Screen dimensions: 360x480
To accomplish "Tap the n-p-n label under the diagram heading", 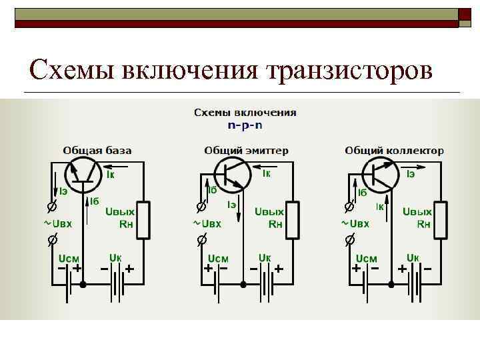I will [x=245, y=125].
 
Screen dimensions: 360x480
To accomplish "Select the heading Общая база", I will [x=97, y=151].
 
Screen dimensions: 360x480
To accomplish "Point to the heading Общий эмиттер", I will [x=246, y=151].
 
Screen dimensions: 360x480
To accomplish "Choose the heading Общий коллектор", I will [x=394, y=151].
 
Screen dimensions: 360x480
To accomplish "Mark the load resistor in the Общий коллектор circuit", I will [x=441, y=219].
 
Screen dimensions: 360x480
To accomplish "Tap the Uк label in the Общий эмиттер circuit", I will [x=264, y=257].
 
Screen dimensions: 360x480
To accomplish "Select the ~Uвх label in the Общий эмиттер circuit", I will [x=209, y=224].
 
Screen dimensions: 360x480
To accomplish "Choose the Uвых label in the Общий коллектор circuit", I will [x=417, y=211].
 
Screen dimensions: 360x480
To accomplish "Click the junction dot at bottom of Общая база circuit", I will [x=83, y=285].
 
